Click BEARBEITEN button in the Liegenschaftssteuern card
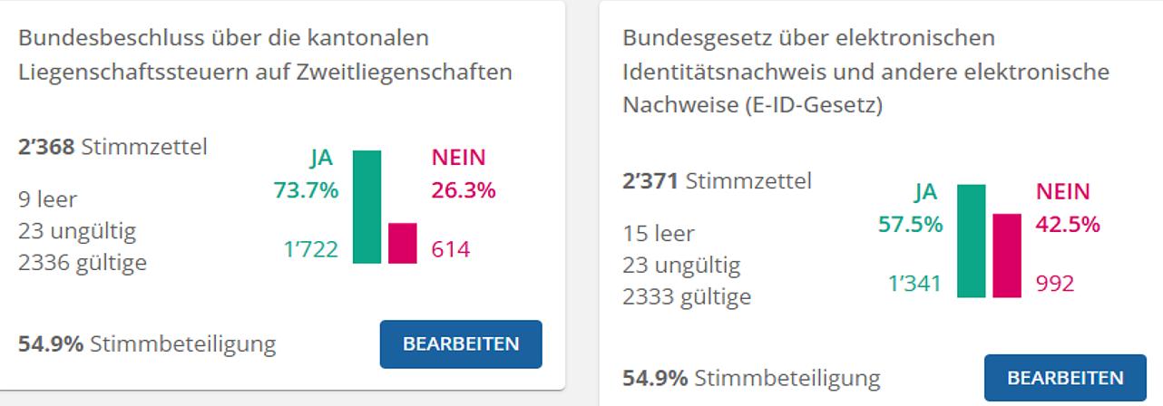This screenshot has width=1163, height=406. click(x=461, y=344)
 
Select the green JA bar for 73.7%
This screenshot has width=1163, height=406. click(x=366, y=207)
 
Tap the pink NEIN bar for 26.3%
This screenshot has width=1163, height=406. click(x=402, y=243)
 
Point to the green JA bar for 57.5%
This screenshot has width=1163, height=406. click(x=971, y=240)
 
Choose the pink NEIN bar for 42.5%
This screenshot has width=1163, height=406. click(x=1007, y=256)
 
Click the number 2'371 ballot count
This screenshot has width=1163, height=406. click(x=650, y=181)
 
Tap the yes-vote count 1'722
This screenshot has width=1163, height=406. click(x=310, y=249)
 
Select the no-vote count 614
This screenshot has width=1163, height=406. click(x=451, y=249)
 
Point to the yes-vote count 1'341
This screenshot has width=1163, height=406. click(x=914, y=284)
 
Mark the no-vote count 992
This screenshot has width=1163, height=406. click(x=1055, y=284)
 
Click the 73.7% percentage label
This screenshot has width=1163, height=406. click(x=306, y=190)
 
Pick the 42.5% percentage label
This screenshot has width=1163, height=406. click(x=1068, y=224)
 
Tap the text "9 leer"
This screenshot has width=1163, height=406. click(x=47, y=199)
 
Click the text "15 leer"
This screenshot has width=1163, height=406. click(x=659, y=234)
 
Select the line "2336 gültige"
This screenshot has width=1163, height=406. click(x=83, y=263)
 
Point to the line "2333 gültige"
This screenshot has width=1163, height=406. click(x=687, y=296)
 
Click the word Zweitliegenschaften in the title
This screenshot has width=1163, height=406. click(x=405, y=72)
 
